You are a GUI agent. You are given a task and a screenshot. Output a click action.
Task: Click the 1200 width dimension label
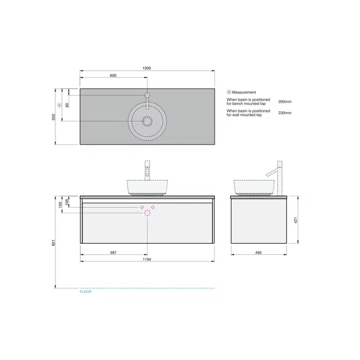147,68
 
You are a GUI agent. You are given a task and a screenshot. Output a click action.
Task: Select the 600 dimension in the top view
113,76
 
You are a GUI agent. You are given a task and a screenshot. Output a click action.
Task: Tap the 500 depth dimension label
54,117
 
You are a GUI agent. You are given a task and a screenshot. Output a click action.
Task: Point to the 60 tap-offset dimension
67,105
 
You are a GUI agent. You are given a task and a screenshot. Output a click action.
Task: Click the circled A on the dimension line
59,105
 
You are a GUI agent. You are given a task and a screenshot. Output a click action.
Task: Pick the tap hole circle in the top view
147,95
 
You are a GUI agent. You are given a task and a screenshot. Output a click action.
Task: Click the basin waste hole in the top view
147,121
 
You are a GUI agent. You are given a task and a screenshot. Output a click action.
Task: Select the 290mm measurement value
285,101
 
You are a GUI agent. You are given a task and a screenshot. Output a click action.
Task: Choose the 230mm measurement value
285,113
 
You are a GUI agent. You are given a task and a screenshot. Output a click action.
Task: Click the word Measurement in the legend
244,92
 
